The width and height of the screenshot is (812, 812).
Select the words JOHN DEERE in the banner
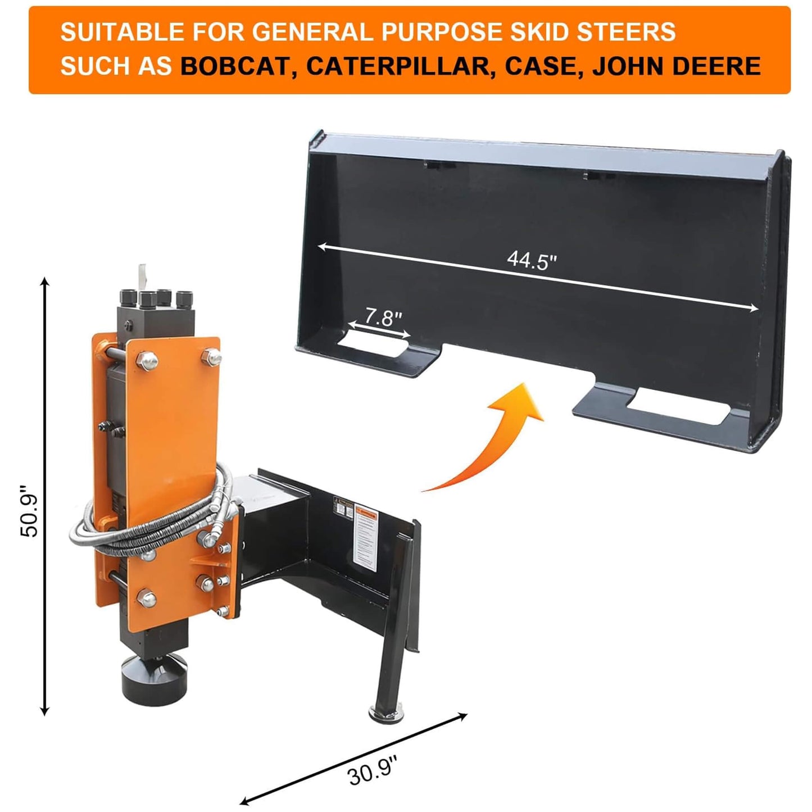tap(677, 66)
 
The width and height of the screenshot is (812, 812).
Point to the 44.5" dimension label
tap(531, 261)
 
